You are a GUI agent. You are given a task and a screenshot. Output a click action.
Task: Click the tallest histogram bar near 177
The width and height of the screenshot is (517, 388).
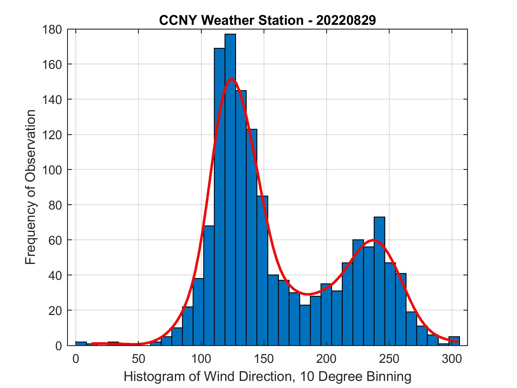[x=230, y=189]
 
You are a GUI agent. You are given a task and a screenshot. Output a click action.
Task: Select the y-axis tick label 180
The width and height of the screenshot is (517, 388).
[x=52, y=30]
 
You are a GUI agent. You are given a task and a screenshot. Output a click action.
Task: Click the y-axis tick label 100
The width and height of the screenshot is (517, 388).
[x=52, y=170]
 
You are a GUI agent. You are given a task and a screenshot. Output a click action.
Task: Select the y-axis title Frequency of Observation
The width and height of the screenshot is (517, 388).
[x=30, y=187]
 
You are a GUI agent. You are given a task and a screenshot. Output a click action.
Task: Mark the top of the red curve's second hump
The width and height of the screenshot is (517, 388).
[x=373, y=240]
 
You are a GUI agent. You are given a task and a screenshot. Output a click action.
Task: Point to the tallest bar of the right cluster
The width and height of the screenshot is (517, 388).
[x=379, y=281]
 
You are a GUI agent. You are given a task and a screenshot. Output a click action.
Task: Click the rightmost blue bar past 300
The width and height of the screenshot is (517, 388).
[x=454, y=341]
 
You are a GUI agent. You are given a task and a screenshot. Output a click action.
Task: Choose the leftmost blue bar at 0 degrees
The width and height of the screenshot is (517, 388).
[x=81, y=344]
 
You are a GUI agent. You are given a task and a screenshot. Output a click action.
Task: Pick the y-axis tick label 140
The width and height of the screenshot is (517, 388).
[x=52, y=100]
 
